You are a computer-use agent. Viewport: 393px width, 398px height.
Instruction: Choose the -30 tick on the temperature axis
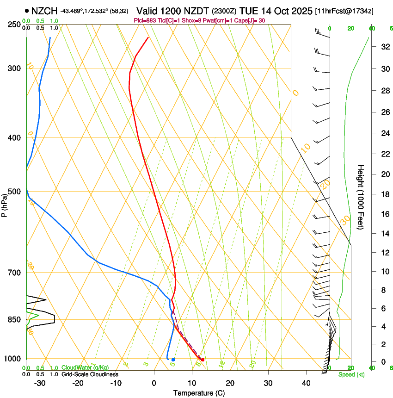pos(40,383)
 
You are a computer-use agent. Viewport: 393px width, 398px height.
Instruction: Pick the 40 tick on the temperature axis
pos(306,383)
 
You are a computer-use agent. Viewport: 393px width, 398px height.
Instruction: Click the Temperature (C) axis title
pos(199,393)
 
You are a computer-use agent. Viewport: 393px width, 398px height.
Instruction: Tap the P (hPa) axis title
pos(5,204)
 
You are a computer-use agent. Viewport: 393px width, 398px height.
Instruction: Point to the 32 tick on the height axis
pos(384,46)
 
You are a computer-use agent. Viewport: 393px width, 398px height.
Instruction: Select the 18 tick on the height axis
pos(384,194)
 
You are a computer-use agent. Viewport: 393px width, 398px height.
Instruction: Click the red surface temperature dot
pos(203,360)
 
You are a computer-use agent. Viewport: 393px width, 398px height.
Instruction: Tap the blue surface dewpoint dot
pos(173,360)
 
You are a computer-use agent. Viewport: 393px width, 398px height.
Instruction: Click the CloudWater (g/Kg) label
pos(85,368)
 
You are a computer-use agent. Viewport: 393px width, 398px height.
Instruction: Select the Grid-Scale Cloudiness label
pos(90,374)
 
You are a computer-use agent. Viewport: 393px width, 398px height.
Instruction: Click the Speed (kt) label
pos(351,374)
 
